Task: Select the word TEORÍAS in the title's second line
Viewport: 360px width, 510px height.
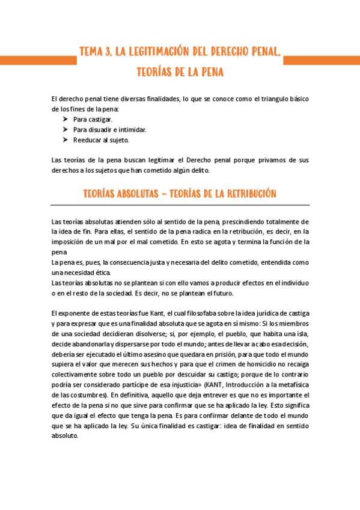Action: [x=156, y=72]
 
